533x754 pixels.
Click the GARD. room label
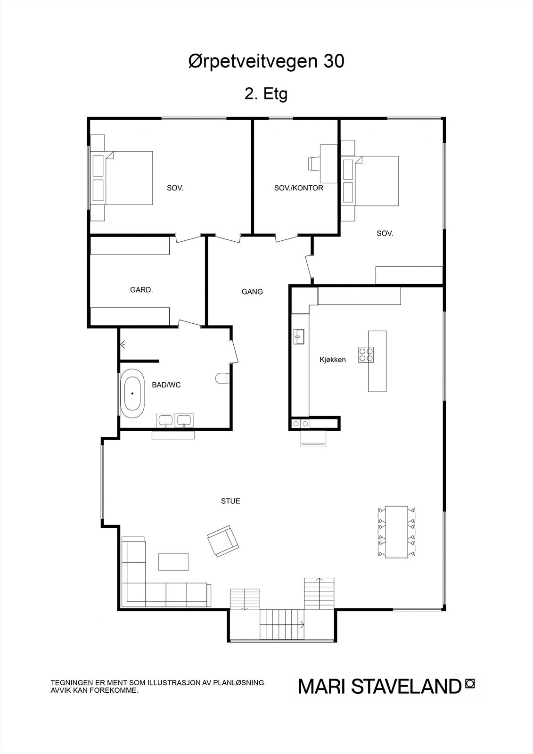coord(141,290)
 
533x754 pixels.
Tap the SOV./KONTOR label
coord(299,188)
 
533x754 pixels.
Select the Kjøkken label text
coord(333,360)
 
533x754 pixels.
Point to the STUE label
coord(230,501)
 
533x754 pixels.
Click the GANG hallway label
coord(252,292)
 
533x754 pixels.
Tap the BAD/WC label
coord(166,385)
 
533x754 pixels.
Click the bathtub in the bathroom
coord(132,393)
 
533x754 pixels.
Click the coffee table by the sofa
coord(174,562)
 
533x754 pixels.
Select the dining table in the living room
coord(397,532)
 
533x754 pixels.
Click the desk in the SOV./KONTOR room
coord(328,163)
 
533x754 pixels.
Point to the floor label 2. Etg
coord(266,94)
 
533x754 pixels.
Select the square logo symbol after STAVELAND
coord(469,683)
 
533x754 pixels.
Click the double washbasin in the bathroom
coord(175,420)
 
